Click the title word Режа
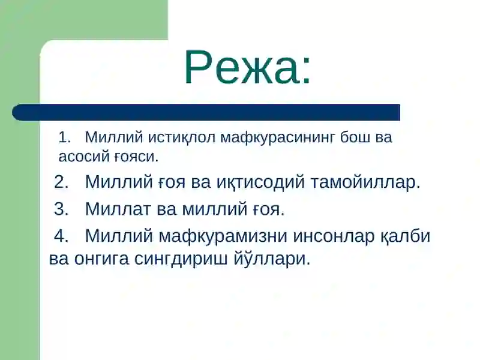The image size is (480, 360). [x=247, y=66]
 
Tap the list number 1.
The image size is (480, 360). [x=64, y=137]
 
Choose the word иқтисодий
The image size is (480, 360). [x=260, y=182]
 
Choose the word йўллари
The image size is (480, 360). [x=277, y=259]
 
